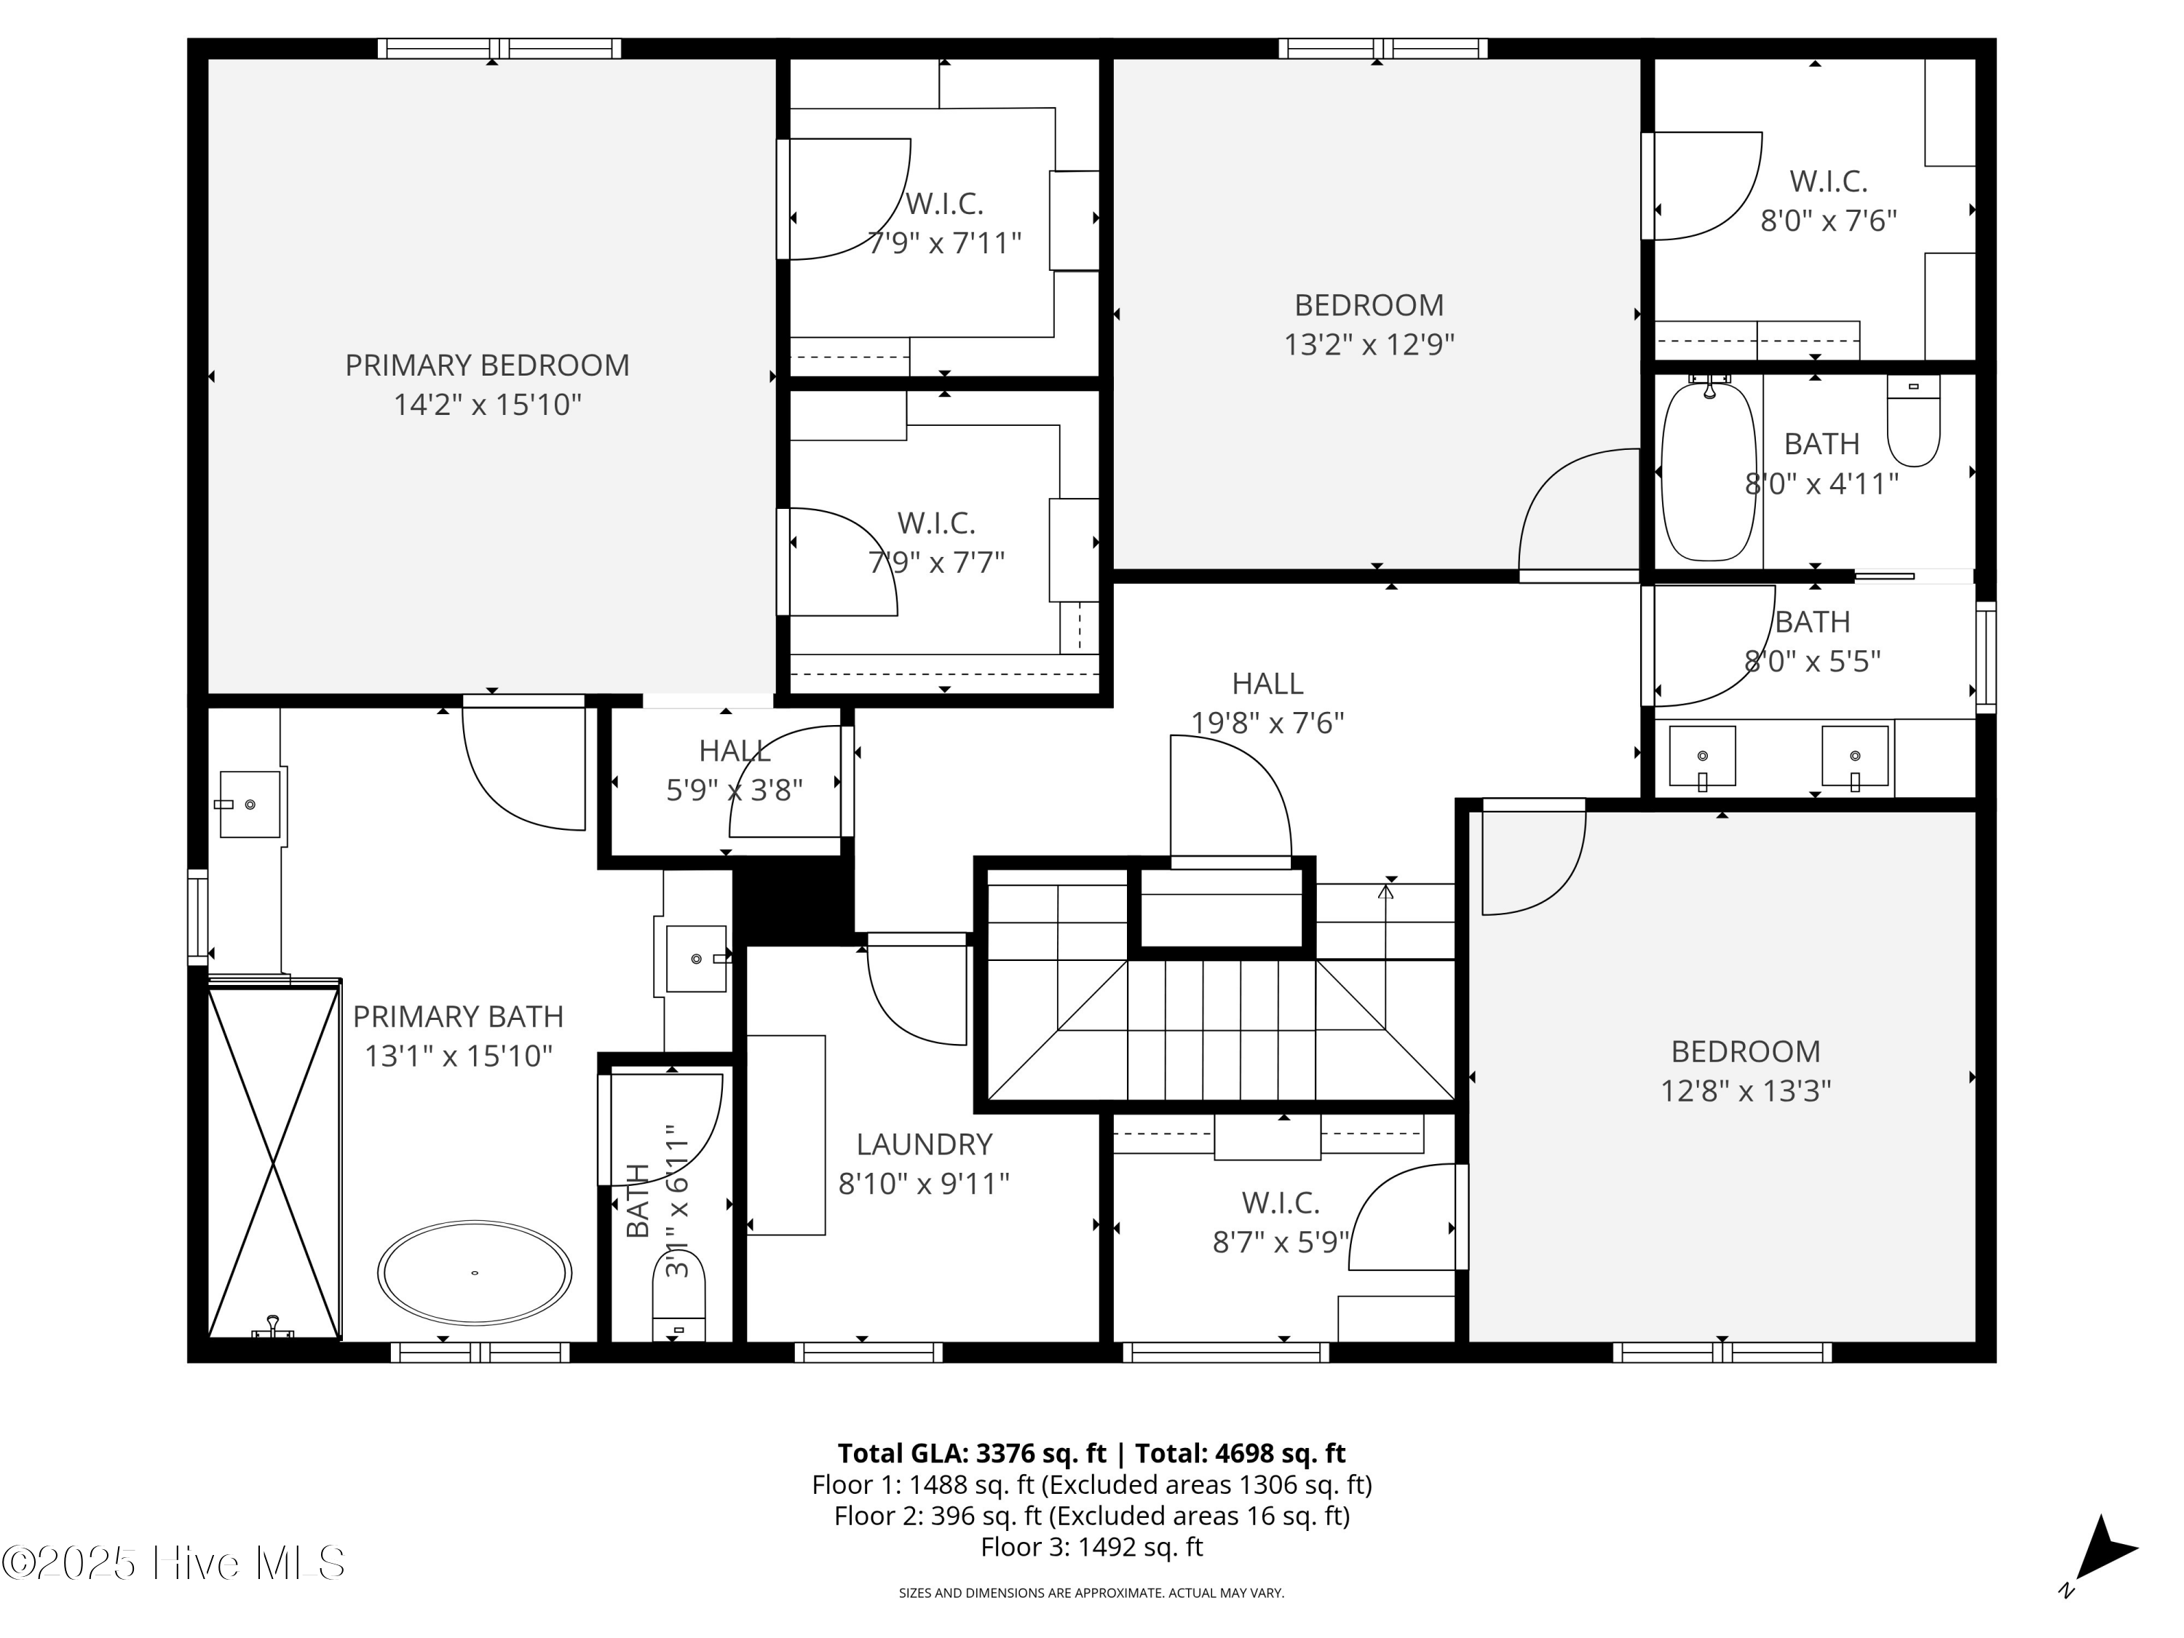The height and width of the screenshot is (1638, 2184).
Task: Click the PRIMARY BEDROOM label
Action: point(487,365)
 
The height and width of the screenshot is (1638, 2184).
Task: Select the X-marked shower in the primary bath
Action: point(274,1160)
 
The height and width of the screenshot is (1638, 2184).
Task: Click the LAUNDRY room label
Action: point(923,1144)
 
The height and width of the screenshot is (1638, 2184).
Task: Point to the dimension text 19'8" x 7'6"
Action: point(1267,723)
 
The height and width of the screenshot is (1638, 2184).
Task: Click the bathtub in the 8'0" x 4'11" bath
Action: point(1709,472)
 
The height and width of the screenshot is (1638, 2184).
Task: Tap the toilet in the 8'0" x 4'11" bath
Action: point(1912,422)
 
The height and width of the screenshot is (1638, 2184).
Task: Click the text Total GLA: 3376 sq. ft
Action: point(972,1453)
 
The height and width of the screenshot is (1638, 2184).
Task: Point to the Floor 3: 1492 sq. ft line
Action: point(1091,1547)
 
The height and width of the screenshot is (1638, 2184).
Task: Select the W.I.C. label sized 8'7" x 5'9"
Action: point(1280,1203)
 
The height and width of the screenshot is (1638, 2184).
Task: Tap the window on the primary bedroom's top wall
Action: point(499,48)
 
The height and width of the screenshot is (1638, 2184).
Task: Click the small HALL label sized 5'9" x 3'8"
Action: point(734,751)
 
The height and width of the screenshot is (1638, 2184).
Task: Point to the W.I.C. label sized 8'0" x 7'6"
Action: point(1827,182)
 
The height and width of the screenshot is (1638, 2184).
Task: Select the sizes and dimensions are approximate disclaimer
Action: point(1091,1593)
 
